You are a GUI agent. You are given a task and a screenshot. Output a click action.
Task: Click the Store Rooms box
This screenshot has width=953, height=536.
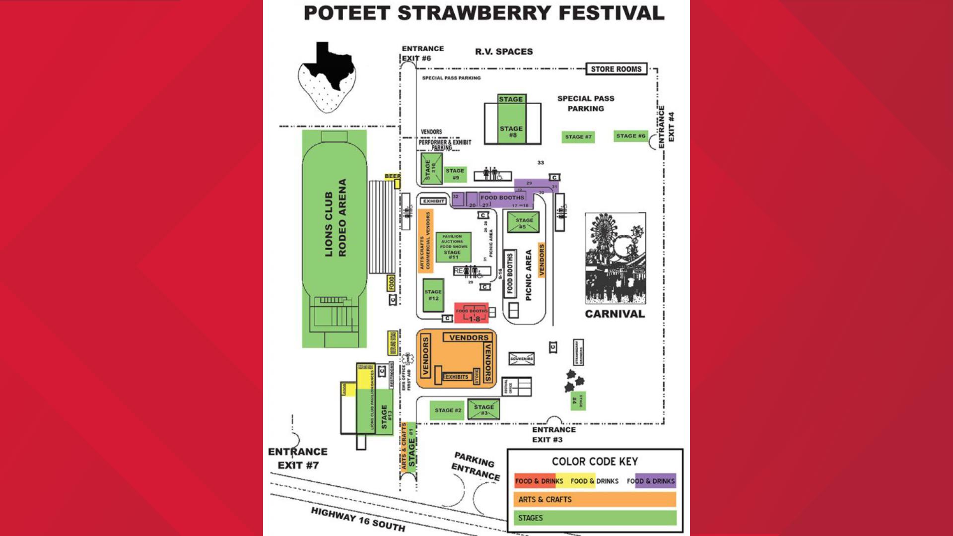[x=616, y=69]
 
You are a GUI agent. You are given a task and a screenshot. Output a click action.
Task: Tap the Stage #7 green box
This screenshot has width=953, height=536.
[x=578, y=136]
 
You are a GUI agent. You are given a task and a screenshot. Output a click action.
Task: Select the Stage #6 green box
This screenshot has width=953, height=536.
[x=630, y=135]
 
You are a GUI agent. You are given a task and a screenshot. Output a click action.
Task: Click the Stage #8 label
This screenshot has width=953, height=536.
[x=512, y=132]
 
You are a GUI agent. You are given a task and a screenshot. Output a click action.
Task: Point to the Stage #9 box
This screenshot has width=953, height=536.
[x=455, y=174]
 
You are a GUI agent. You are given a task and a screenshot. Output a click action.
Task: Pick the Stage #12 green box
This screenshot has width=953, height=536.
[x=433, y=295]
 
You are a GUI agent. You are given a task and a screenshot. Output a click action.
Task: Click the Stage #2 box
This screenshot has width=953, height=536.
[x=447, y=410]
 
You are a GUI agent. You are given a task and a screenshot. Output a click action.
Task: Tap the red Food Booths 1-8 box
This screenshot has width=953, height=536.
[x=472, y=313]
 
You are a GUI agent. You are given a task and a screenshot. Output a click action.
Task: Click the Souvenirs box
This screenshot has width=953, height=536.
[x=522, y=358]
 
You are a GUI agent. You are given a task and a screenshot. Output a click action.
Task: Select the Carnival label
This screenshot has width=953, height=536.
[x=614, y=314]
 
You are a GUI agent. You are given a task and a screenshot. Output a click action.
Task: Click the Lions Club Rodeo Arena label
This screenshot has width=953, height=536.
[x=335, y=218]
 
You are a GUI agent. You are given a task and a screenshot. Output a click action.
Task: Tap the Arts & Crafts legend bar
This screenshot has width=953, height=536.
[x=595, y=499]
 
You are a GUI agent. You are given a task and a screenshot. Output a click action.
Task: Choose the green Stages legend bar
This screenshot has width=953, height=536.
[x=595, y=518]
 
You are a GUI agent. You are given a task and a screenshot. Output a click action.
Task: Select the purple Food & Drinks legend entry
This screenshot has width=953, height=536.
[x=651, y=481]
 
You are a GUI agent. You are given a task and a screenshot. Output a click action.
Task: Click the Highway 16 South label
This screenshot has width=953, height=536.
[x=358, y=519]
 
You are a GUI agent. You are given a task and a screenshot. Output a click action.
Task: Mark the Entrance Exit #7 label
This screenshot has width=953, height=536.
[x=298, y=458]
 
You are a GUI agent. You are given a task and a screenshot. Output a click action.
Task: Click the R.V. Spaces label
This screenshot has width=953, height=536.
[x=504, y=52]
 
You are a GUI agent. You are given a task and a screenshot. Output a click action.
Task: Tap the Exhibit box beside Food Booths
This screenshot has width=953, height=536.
[x=433, y=201]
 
